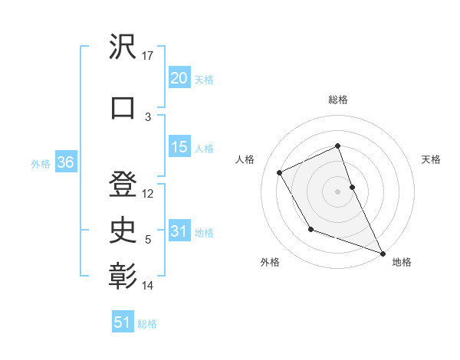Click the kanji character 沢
pyautogui.click(x=123, y=47)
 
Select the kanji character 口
pyautogui.click(x=123, y=106)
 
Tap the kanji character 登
pyautogui.click(x=123, y=184)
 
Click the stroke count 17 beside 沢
pyautogui.click(x=148, y=56)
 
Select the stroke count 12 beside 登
pyautogui.click(x=148, y=193)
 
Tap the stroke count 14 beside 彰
pyautogui.click(x=148, y=286)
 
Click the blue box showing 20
pyautogui.click(x=179, y=78)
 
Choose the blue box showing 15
pyautogui.click(x=179, y=147)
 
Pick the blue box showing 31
pyautogui.click(x=179, y=231)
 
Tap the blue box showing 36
pyautogui.click(x=65, y=162)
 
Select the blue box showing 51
pyautogui.click(x=123, y=322)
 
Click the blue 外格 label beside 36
pyautogui.click(x=41, y=164)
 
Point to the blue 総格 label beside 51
pyautogui.click(x=147, y=324)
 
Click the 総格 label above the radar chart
pyautogui.click(x=337, y=100)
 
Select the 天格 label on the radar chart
pyautogui.click(x=432, y=159)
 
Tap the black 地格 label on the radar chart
pyautogui.click(x=402, y=262)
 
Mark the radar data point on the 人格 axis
pyautogui.click(x=280, y=172)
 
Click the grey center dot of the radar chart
pyautogui.click(x=337, y=191)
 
